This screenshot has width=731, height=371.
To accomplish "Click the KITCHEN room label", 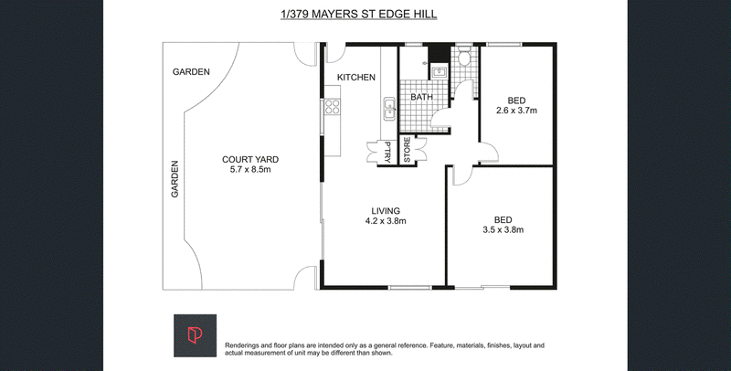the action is pyautogui.click(x=356, y=78).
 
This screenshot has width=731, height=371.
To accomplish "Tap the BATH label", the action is pyautogui.click(x=421, y=98).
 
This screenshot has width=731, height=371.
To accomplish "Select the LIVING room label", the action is pyautogui.click(x=386, y=211).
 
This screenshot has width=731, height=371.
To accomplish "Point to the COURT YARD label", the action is pyautogui.click(x=250, y=160).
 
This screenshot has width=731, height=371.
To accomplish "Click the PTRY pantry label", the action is pyautogui.click(x=387, y=152).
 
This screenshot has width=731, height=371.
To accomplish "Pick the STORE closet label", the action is pyautogui.click(x=407, y=150).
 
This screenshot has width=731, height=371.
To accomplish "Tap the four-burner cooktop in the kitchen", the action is pyautogui.click(x=332, y=107).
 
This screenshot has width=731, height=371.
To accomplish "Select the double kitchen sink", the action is pyautogui.click(x=389, y=109).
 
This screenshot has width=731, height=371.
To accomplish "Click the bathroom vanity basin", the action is pyautogui.click(x=439, y=71).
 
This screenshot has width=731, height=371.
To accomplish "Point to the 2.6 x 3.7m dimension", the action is pyautogui.click(x=516, y=111).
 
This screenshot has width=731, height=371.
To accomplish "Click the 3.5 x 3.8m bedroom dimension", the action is pyautogui.click(x=503, y=229).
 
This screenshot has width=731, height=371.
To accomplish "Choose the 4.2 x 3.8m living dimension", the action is pyautogui.click(x=386, y=221).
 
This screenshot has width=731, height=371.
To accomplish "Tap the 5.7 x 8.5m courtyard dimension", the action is pyautogui.click(x=250, y=170).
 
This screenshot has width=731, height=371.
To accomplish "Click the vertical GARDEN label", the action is pyautogui.click(x=175, y=179).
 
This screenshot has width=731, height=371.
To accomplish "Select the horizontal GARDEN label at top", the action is pyautogui.click(x=191, y=72).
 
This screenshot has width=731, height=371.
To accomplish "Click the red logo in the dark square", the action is pyautogui.click(x=194, y=335).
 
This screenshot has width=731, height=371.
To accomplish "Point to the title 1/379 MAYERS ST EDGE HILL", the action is pyautogui.click(x=358, y=15).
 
